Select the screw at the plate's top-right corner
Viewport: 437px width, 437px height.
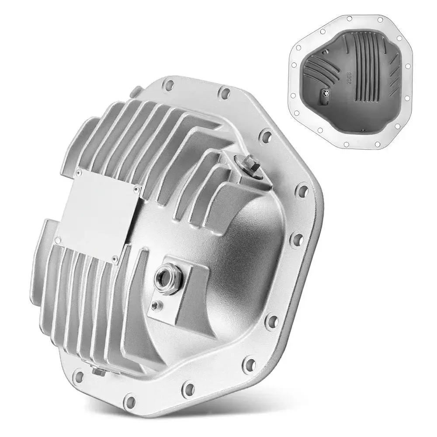pyautogui.click(x=136, y=189)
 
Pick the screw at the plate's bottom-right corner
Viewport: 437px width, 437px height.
pyautogui.click(x=115, y=261)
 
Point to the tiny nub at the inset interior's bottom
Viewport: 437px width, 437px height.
pyautogui.click(x=362, y=129)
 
